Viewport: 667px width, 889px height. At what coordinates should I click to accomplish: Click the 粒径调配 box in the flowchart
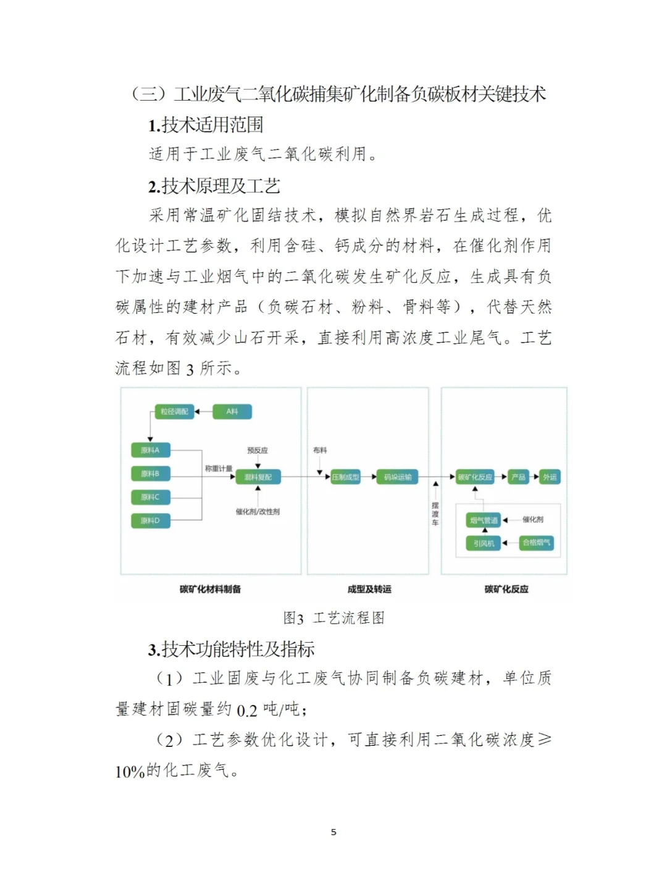174,412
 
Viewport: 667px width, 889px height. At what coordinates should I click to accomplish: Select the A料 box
232,412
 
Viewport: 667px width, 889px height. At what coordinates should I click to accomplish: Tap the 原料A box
150,450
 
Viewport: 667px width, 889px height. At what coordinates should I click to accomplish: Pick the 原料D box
150,520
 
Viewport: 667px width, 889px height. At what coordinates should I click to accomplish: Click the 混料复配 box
258,477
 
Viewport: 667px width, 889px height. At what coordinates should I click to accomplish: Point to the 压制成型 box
346,477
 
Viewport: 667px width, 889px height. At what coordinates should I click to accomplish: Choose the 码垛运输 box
398,477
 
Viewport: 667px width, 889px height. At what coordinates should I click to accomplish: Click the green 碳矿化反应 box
475,477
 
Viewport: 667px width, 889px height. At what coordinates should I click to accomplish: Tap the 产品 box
518,477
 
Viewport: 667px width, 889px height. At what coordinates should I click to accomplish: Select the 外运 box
550,477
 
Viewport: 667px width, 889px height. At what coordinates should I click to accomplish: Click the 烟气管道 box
484,520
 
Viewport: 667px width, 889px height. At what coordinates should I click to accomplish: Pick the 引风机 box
484,543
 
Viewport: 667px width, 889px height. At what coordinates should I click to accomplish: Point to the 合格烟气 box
536,543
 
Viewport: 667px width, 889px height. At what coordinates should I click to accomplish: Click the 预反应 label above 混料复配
258,451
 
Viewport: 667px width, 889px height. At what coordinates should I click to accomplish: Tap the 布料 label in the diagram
320,451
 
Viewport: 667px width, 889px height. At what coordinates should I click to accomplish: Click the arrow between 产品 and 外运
535,477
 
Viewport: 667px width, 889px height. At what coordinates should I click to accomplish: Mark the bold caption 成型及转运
369,590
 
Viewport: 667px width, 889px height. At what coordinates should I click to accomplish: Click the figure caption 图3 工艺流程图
333,618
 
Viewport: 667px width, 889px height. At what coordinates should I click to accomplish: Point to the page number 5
333,832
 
